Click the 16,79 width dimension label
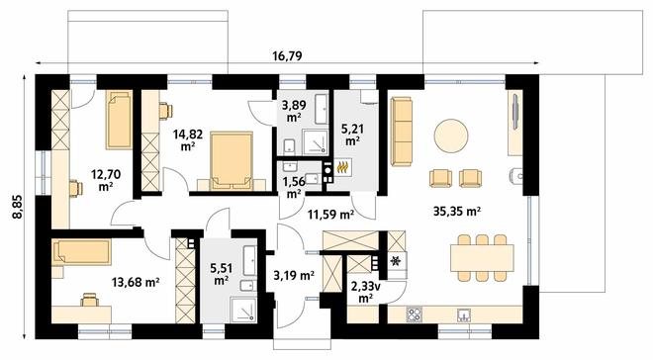pyautogui.click(x=287, y=55)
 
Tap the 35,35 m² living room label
pyautogui.click(x=457, y=211)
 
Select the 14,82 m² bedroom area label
pyautogui.click(x=188, y=139)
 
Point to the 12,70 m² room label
pyautogui.click(x=106, y=179)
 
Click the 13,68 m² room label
pyautogui.click(x=136, y=282)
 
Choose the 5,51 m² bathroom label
pyautogui.click(x=222, y=274)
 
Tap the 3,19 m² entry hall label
pyautogui.click(x=294, y=275)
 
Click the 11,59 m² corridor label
pyautogui.click(x=330, y=215)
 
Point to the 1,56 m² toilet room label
pyautogui.click(x=294, y=187)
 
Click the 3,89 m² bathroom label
pyautogui.click(x=294, y=111)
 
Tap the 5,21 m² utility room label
pyautogui.click(x=352, y=135)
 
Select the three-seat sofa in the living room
pyautogui.click(x=402, y=132)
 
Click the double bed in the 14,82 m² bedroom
pyautogui.click(x=232, y=160)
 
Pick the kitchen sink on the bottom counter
pyautogui.click(x=463, y=315)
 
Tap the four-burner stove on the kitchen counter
pyautogui.click(x=415, y=315)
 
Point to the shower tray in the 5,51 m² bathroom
pyautogui.click(x=244, y=310)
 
